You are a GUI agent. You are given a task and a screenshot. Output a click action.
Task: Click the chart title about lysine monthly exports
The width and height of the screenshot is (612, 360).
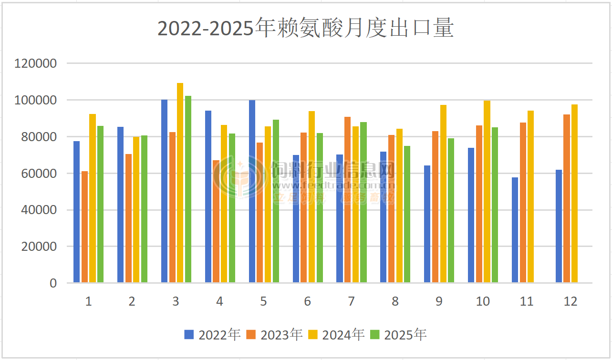click(x=305, y=29)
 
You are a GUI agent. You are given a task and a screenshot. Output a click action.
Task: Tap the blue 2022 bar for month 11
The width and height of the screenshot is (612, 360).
click(x=515, y=230)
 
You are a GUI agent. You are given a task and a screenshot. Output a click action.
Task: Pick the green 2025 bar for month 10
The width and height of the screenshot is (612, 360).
click(x=495, y=205)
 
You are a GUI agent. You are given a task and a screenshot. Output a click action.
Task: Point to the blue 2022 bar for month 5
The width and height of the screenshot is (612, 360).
click(x=252, y=191)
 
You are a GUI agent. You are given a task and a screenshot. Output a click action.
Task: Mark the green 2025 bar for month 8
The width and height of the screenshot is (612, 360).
click(x=407, y=214)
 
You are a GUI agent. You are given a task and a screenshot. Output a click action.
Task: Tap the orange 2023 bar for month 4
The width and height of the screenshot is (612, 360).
click(x=216, y=221)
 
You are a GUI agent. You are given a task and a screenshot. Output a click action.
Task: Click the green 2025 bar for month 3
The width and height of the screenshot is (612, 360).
click(x=188, y=189)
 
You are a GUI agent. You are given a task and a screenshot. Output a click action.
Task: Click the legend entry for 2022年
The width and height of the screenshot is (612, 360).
click(x=212, y=335)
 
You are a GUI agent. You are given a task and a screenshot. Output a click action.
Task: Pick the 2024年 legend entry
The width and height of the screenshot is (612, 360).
click(x=336, y=335)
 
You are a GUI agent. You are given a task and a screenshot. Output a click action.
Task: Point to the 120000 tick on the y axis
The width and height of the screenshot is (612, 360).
click(x=36, y=63)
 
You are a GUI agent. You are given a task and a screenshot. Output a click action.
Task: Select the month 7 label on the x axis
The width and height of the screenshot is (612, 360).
click(x=351, y=301)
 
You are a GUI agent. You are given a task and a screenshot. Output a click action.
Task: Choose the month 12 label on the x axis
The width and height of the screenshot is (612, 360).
click(x=571, y=301)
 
